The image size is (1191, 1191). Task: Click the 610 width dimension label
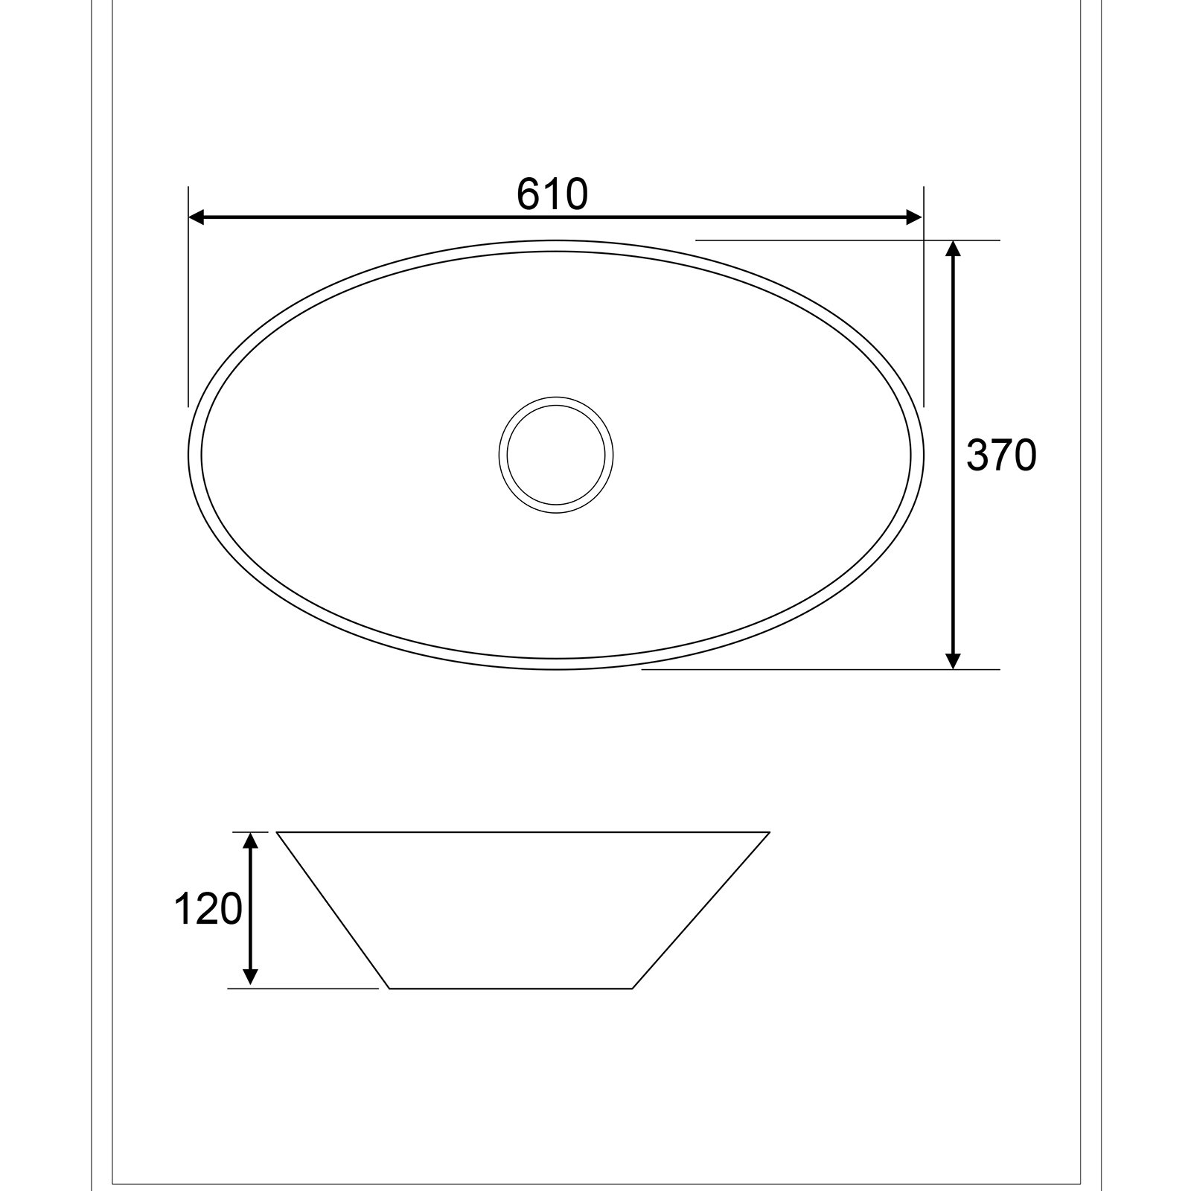click(552, 194)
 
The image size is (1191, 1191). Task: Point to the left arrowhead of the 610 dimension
click(197, 217)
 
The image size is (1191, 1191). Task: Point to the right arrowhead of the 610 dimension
click(914, 217)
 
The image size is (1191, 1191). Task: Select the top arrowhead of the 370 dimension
click(953, 249)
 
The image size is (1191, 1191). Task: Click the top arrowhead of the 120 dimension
click(251, 840)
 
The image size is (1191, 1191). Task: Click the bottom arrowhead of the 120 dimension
click(251, 979)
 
